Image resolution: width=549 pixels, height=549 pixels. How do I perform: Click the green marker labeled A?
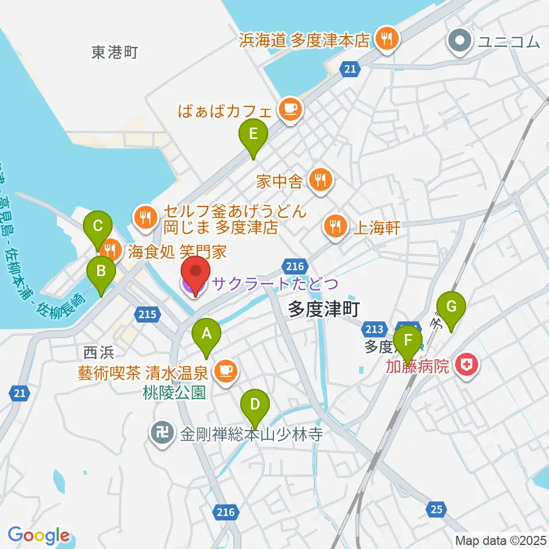click(x=206, y=333)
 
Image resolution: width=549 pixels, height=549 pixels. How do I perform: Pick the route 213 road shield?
click(x=374, y=328)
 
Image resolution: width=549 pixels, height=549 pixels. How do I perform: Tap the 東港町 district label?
click(x=115, y=53)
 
